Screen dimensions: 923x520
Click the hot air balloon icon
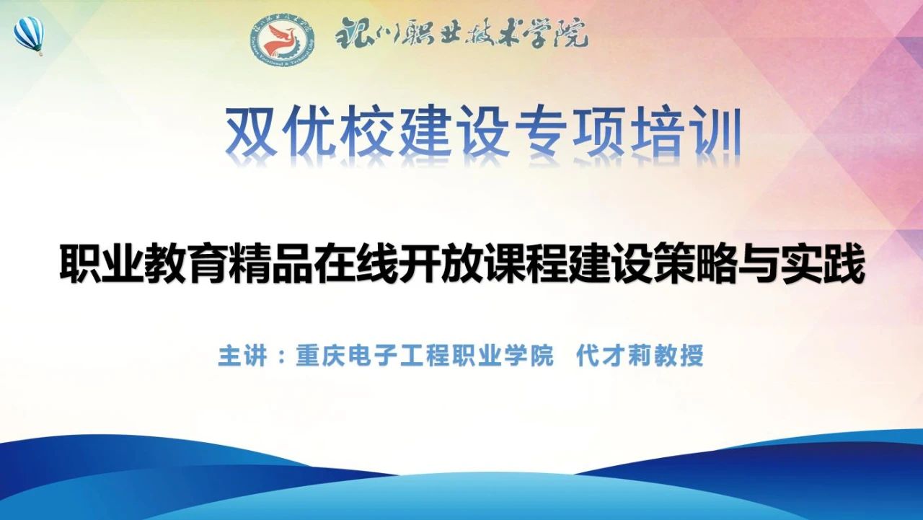click(28, 36)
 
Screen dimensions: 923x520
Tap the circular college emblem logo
click(283, 42)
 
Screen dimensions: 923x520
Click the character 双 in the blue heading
click(252, 131)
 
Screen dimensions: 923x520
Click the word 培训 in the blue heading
click(686, 131)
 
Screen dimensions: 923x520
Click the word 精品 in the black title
click(270, 264)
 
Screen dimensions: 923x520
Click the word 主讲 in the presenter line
click(243, 355)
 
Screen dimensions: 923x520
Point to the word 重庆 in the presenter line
click(321, 355)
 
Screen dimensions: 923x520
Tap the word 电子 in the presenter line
click(373, 355)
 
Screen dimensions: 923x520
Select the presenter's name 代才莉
click(614, 355)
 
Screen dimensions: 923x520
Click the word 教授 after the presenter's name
click(679, 355)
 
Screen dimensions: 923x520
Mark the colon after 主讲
click(282, 356)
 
